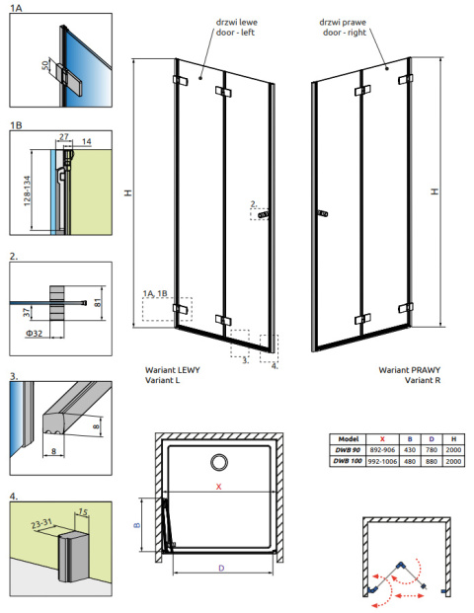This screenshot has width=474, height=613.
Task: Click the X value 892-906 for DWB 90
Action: [381, 450]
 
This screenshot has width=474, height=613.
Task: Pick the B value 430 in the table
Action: [407, 450]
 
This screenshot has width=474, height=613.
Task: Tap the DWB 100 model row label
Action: [345, 460]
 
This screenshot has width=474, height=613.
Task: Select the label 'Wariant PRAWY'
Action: [407, 371]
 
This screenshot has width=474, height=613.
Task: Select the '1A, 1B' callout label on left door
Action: [155, 293]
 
